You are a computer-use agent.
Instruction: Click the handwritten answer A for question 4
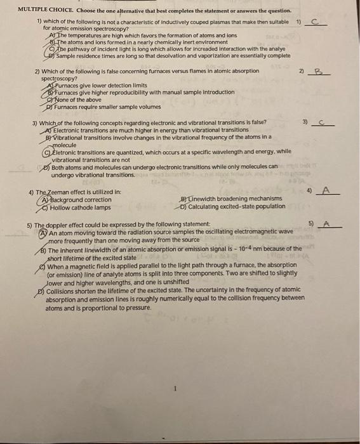click(326, 190)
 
